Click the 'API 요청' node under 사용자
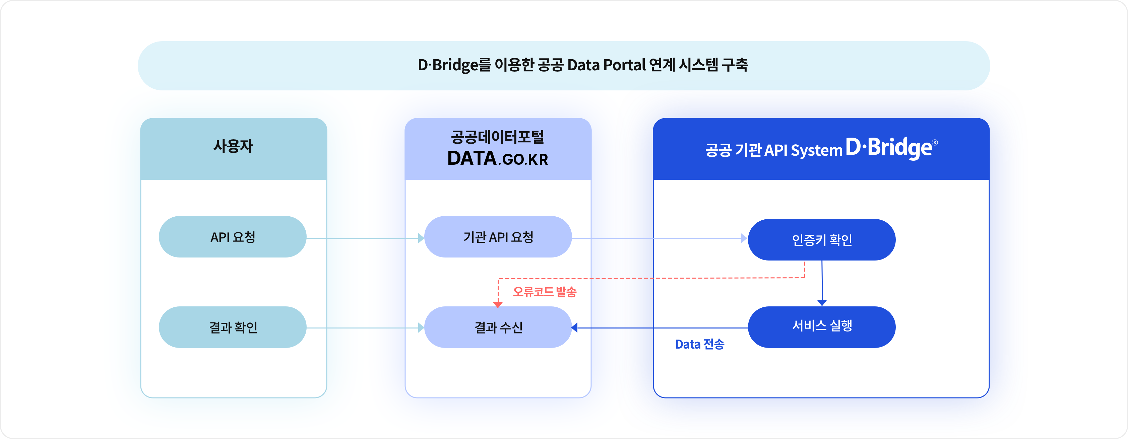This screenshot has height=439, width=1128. (233, 237)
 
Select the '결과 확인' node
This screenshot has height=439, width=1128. (233, 327)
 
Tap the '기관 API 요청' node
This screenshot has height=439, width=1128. (498, 237)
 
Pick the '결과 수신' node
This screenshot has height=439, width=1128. (498, 327)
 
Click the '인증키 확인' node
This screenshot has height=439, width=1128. (821, 240)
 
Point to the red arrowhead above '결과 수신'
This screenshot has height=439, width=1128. (498, 304)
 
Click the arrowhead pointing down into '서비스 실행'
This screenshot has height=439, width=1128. (822, 302)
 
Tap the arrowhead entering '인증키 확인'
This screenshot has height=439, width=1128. (744, 238)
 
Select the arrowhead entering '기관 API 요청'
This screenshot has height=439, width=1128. (421, 238)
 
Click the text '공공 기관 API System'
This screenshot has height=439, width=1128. (773, 150)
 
